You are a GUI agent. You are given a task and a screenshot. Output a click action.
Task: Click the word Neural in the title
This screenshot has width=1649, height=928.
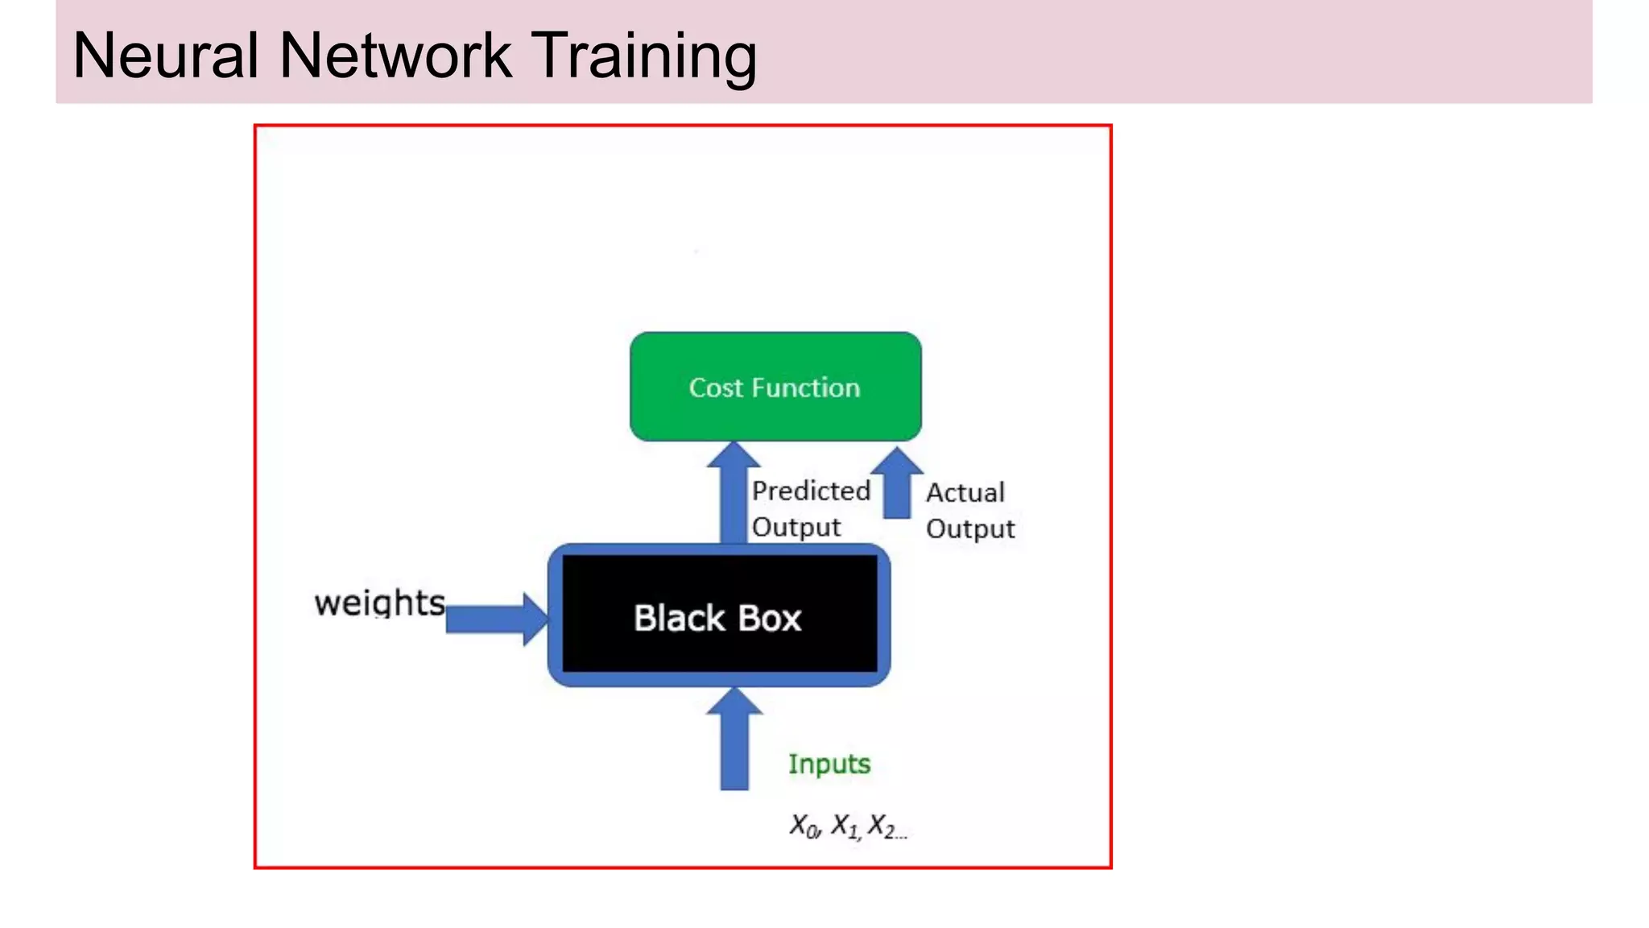pyautogui.click(x=166, y=56)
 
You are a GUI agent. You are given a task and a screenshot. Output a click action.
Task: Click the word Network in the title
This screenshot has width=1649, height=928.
pyautogui.click(x=395, y=56)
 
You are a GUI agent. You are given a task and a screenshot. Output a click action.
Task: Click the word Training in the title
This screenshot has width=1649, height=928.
pyautogui.click(x=644, y=56)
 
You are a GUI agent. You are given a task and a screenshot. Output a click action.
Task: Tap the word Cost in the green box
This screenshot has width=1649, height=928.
pyautogui.click(x=715, y=388)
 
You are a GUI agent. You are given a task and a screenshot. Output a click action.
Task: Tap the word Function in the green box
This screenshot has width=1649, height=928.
pyautogui.click(x=805, y=388)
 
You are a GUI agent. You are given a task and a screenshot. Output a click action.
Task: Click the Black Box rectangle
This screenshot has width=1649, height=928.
pyautogui.click(x=718, y=617)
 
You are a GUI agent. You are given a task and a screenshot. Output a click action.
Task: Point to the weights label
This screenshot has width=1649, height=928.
pyautogui.click(x=379, y=603)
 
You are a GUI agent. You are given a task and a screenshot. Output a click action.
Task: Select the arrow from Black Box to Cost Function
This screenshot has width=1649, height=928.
pyautogui.click(x=734, y=495)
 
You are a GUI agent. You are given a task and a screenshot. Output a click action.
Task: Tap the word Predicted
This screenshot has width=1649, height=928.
pyautogui.click(x=811, y=491)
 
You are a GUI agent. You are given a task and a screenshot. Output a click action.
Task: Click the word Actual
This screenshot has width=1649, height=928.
pyautogui.click(x=965, y=492)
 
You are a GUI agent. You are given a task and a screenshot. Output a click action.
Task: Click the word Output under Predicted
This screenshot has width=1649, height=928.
pyautogui.click(x=796, y=528)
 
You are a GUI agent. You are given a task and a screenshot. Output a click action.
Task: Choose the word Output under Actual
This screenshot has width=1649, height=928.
pyautogui.click(x=969, y=529)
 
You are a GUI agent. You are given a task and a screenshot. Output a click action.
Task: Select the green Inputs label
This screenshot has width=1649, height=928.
pyautogui.click(x=829, y=764)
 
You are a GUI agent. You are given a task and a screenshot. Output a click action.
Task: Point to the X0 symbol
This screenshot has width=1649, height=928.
pyautogui.click(x=804, y=826)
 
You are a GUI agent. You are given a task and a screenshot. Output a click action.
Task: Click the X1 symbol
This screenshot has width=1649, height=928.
pyautogui.click(x=845, y=826)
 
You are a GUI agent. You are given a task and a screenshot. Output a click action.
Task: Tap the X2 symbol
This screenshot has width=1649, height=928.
pyautogui.click(x=882, y=826)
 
